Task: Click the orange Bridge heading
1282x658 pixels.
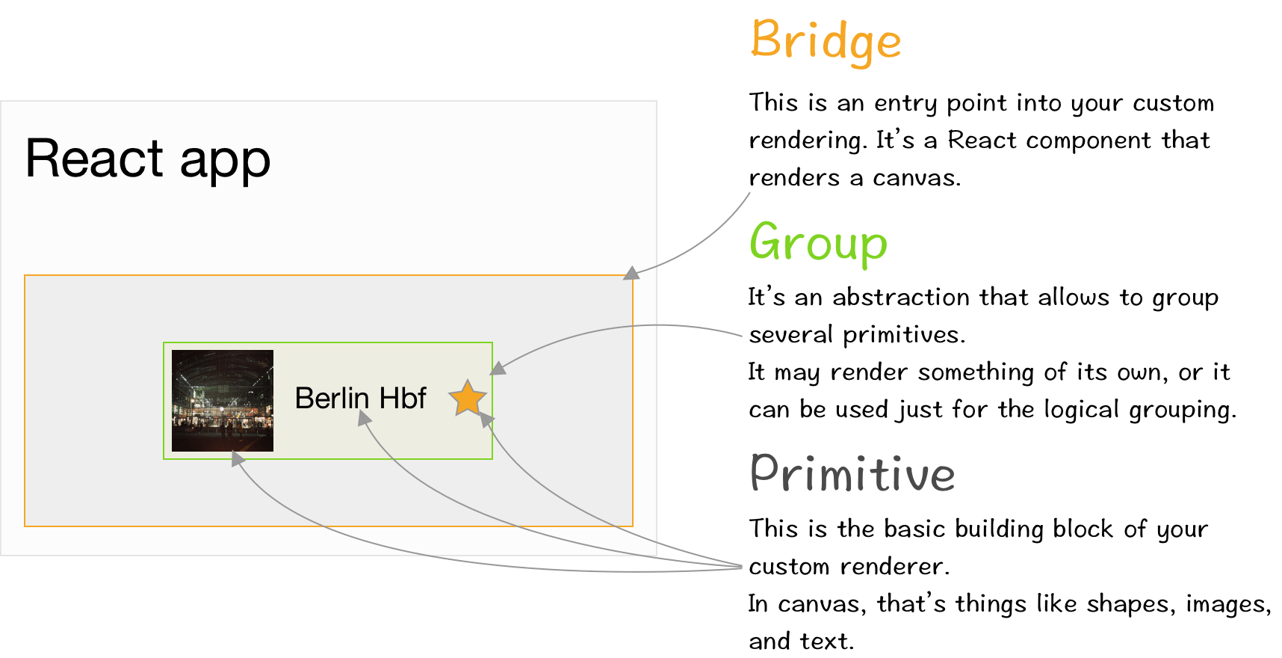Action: coord(825,40)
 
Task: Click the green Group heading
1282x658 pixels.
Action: coord(818,243)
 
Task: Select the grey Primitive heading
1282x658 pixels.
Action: coord(852,473)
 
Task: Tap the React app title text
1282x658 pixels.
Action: coord(148,159)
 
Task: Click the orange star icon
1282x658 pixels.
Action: coord(468,398)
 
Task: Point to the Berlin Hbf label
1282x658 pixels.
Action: coord(360,399)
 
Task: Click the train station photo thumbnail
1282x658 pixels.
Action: coord(223,401)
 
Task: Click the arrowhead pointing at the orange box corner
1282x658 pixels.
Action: coord(632,273)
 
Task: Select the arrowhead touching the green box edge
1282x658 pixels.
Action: coord(498,368)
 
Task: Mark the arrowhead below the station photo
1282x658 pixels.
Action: coord(238,459)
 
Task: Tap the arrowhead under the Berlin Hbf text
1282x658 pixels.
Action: coord(364,419)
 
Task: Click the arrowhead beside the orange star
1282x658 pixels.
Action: coord(486,420)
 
